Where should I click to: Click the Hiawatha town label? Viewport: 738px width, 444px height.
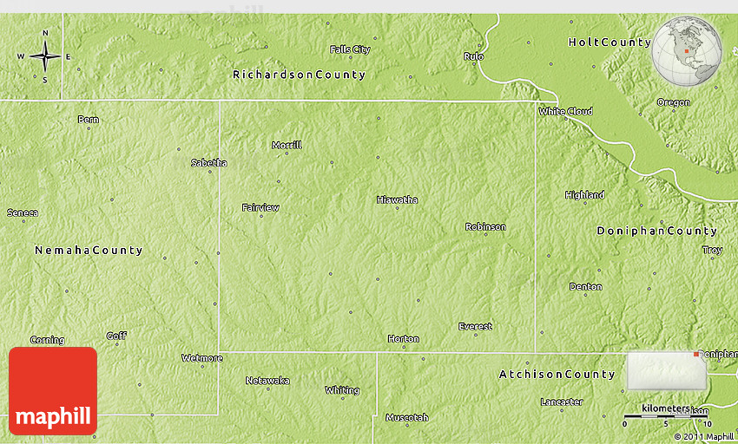(x=397, y=199)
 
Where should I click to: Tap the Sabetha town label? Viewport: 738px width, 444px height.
(x=209, y=162)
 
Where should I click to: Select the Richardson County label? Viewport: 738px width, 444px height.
(x=299, y=75)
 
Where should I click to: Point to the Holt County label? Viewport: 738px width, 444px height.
(x=610, y=42)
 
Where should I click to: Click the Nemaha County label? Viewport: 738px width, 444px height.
(x=89, y=250)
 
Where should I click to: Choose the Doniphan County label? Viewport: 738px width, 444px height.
(x=656, y=231)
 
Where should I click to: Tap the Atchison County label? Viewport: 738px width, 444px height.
(x=557, y=375)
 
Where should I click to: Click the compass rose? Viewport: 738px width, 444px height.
(x=45, y=56)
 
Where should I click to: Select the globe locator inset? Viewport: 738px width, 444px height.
(x=687, y=50)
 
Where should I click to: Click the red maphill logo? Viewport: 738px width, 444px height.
(x=53, y=391)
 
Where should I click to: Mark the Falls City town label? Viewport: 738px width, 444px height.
(x=350, y=49)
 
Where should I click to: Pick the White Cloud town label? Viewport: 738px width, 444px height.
(x=565, y=111)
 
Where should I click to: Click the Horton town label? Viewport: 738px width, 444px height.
(x=403, y=338)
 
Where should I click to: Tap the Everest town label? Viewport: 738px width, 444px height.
(x=475, y=326)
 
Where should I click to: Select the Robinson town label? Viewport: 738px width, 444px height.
(x=485, y=226)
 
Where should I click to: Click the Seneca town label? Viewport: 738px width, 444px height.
(x=23, y=212)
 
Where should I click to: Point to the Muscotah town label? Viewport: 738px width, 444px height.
(x=406, y=417)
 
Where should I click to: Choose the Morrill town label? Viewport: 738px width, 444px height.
(x=287, y=145)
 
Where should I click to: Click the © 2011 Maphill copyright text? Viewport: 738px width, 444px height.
(x=703, y=436)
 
